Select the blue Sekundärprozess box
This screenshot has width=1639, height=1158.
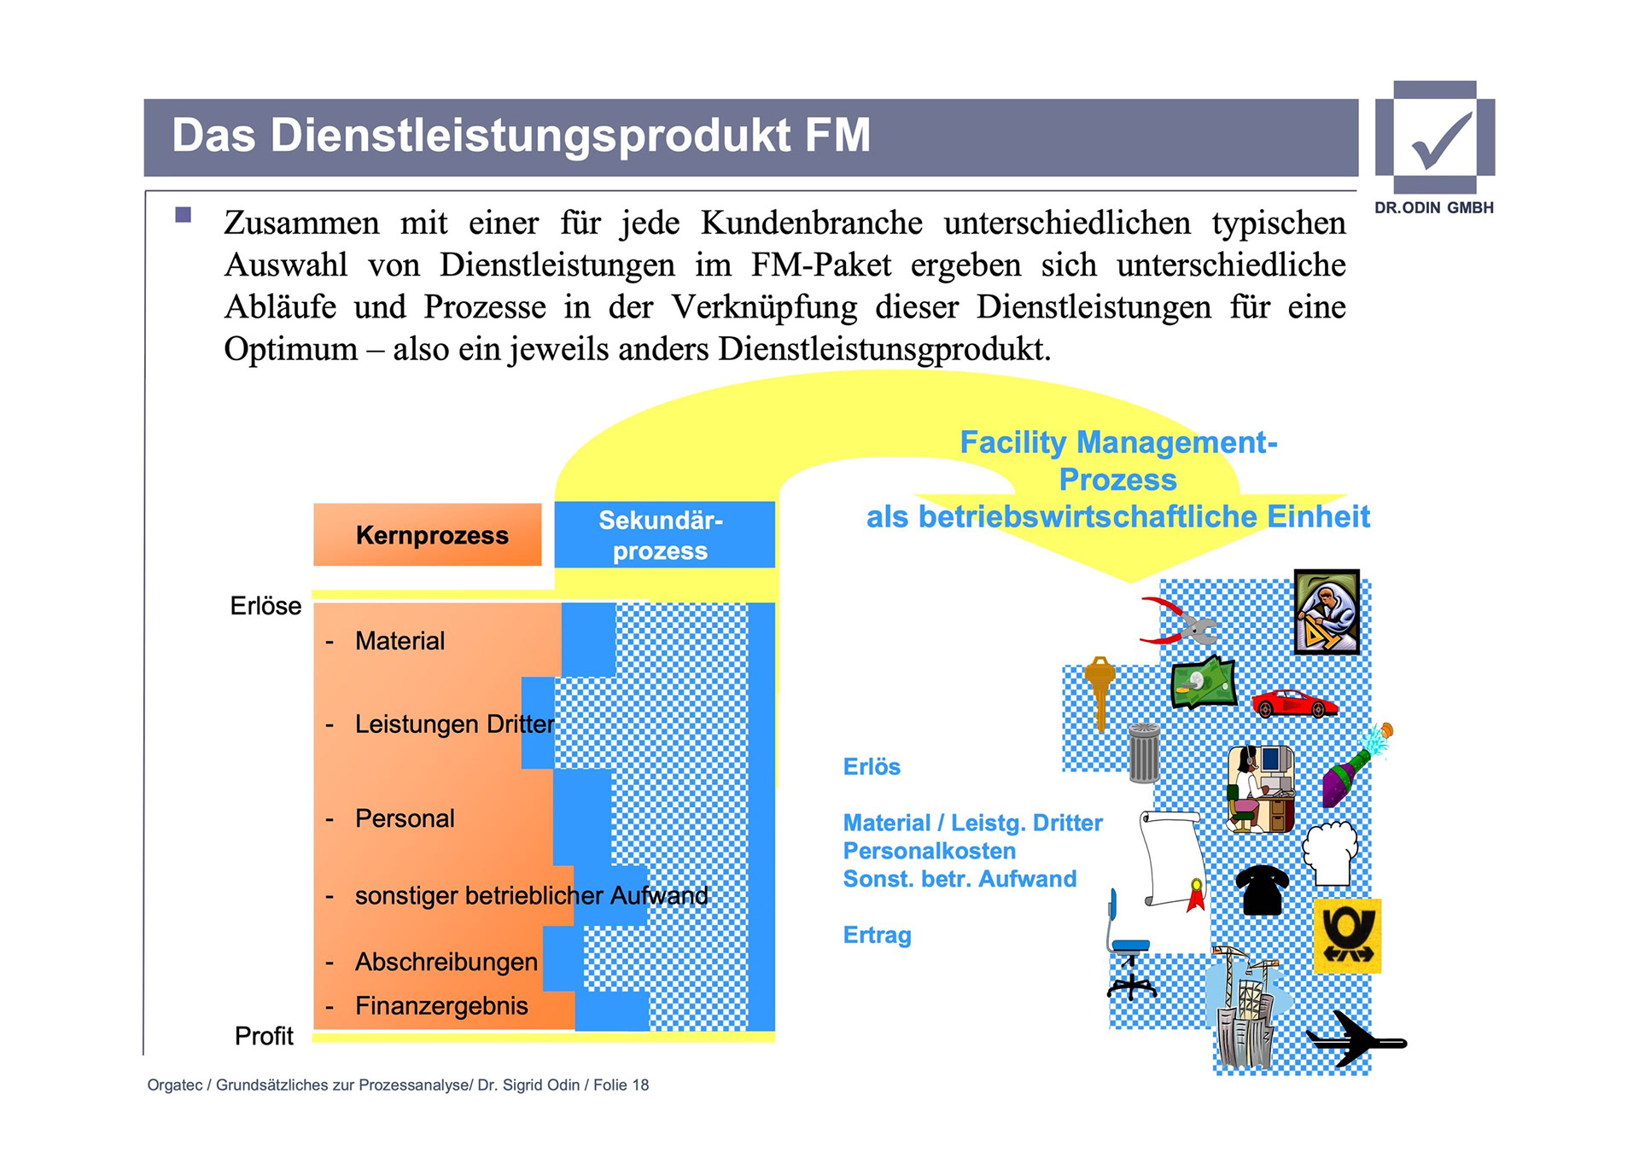[664, 535]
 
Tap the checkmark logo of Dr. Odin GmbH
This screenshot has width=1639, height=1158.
[1435, 138]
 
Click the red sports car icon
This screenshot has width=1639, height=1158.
[1294, 703]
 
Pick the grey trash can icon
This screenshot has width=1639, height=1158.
[1144, 752]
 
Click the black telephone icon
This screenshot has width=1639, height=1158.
[1262, 889]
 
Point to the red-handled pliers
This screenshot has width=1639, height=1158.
[1178, 621]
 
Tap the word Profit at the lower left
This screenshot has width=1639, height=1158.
[264, 1036]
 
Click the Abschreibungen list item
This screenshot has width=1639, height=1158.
[446, 962]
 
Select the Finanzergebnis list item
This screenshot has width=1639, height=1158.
[441, 1006]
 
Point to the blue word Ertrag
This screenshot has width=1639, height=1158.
[877, 935]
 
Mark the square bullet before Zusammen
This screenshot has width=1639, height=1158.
[184, 214]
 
